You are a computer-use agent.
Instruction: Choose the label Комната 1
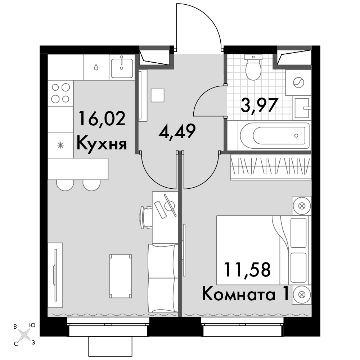tap(245, 294)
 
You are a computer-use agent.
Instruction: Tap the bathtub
tap(275, 135)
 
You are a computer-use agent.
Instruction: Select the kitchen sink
tap(122, 68)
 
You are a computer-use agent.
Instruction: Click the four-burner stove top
tap(60, 93)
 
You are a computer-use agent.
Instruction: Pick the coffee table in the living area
tap(121, 276)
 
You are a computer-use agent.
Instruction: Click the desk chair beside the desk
tap(145, 217)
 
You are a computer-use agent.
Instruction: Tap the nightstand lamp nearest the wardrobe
tap(301, 206)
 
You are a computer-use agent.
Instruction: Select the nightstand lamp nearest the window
tap(301, 294)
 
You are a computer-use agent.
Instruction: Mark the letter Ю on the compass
tap(32, 325)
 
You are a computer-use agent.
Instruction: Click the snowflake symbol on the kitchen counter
tap(60, 145)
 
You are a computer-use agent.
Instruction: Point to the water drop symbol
tap(96, 67)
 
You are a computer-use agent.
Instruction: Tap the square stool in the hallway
tap(158, 95)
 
